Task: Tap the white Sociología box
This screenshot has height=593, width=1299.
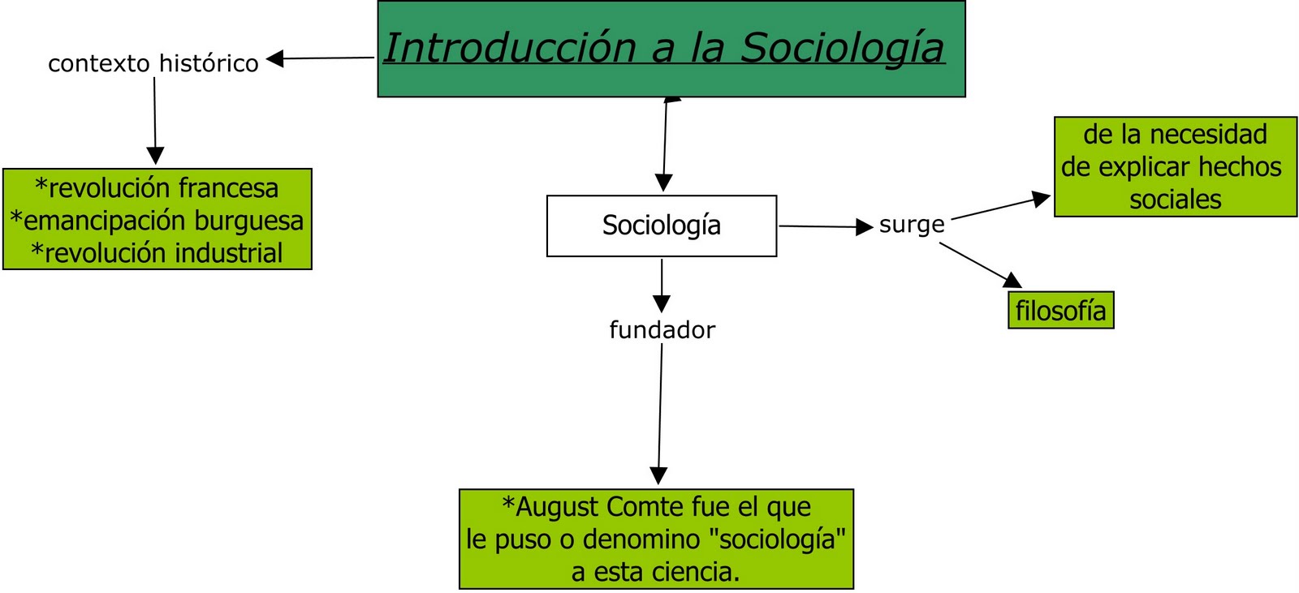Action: [x=661, y=226]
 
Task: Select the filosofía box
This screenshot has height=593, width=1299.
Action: [x=1060, y=311]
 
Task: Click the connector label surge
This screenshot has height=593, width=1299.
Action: [x=912, y=225]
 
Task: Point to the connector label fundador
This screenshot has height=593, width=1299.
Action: [x=662, y=330]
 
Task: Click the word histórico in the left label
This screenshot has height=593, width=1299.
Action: [x=209, y=63]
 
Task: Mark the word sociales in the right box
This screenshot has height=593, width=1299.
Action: [x=1175, y=200]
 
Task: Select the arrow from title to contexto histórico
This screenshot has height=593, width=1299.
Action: [x=321, y=58]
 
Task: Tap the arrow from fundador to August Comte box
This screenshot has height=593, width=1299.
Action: [x=660, y=414]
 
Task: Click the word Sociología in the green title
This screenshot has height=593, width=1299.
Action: [x=843, y=47]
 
